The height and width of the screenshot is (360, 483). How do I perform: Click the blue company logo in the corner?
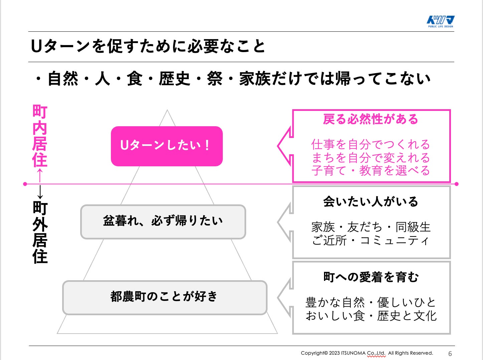point(441,21)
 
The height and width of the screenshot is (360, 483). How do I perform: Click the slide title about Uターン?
point(148,46)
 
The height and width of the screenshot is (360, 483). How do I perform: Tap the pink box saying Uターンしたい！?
point(167,146)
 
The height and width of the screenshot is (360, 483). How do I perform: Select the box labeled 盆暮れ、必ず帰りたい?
point(163,222)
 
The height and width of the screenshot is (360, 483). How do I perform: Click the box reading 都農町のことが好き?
point(165,297)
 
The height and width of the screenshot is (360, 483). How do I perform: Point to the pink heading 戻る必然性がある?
point(370,119)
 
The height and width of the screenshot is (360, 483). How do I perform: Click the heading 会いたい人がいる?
point(370,202)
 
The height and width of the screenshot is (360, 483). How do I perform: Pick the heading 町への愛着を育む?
point(371,277)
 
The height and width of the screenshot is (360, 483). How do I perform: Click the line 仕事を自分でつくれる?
point(370,145)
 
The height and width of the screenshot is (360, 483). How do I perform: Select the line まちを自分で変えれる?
point(370,158)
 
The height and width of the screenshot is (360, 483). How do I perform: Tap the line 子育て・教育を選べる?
point(370,171)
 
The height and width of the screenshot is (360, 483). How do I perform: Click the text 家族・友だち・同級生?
point(371,227)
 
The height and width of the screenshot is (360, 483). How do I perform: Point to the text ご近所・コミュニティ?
point(370,240)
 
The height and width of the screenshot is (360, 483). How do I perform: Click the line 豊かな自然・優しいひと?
point(371,303)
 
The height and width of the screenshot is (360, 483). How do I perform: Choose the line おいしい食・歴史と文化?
point(371,316)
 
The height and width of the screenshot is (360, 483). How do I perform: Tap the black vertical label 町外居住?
point(40,232)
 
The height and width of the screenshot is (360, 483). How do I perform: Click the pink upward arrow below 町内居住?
point(40,175)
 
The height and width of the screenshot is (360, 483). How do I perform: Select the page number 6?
point(450,354)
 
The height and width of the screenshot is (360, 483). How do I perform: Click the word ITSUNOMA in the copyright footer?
point(353,353)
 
